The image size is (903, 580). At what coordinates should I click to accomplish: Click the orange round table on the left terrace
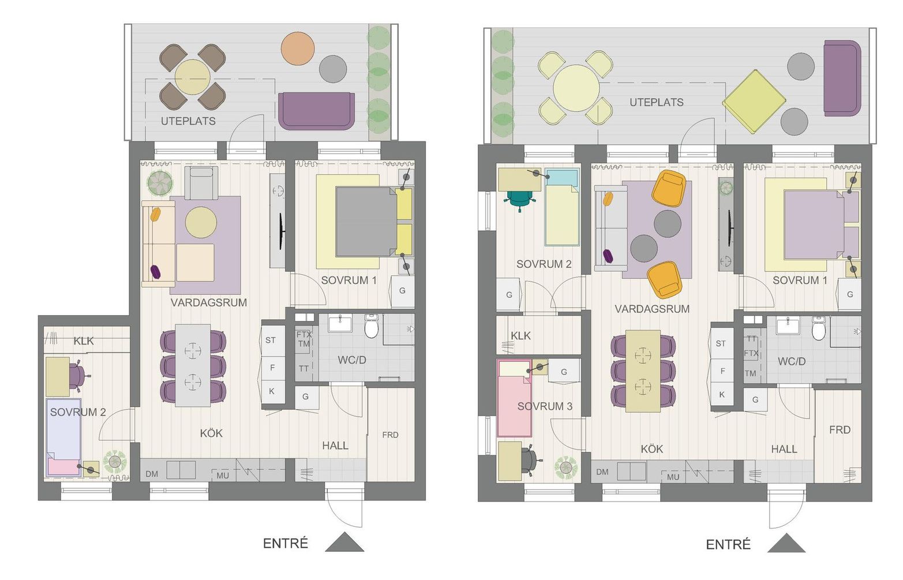(298, 48)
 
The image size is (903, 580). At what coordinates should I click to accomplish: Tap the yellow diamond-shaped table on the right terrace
(754, 102)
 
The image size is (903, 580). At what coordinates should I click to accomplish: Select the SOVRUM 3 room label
(545, 406)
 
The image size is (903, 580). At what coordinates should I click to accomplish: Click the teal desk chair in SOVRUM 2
(520, 199)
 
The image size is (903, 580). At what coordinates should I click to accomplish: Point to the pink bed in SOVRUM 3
(514, 398)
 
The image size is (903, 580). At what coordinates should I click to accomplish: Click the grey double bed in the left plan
(366, 221)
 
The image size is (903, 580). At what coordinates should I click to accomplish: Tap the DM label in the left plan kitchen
(152, 474)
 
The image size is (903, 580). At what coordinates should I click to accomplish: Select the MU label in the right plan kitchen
(673, 477)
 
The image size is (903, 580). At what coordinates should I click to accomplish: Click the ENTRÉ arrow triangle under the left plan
(344, 542)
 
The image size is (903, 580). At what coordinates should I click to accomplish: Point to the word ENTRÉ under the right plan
(728, 544)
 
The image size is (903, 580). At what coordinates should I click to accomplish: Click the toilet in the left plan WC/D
(372, 326)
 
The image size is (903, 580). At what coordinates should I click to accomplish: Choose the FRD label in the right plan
(840, 430)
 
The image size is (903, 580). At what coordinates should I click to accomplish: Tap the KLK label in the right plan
(521, 335)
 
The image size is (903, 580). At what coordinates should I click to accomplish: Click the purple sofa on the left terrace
(316, 111)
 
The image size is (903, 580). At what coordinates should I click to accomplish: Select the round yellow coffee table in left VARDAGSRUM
(201, 222)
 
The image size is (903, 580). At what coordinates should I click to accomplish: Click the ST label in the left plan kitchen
(271, 340)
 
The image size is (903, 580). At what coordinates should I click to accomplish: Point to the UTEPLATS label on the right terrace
(656, 103)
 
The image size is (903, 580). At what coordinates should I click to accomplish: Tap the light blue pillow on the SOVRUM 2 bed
(561, 177)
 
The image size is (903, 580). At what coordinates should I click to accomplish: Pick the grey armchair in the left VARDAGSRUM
(201, 183)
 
